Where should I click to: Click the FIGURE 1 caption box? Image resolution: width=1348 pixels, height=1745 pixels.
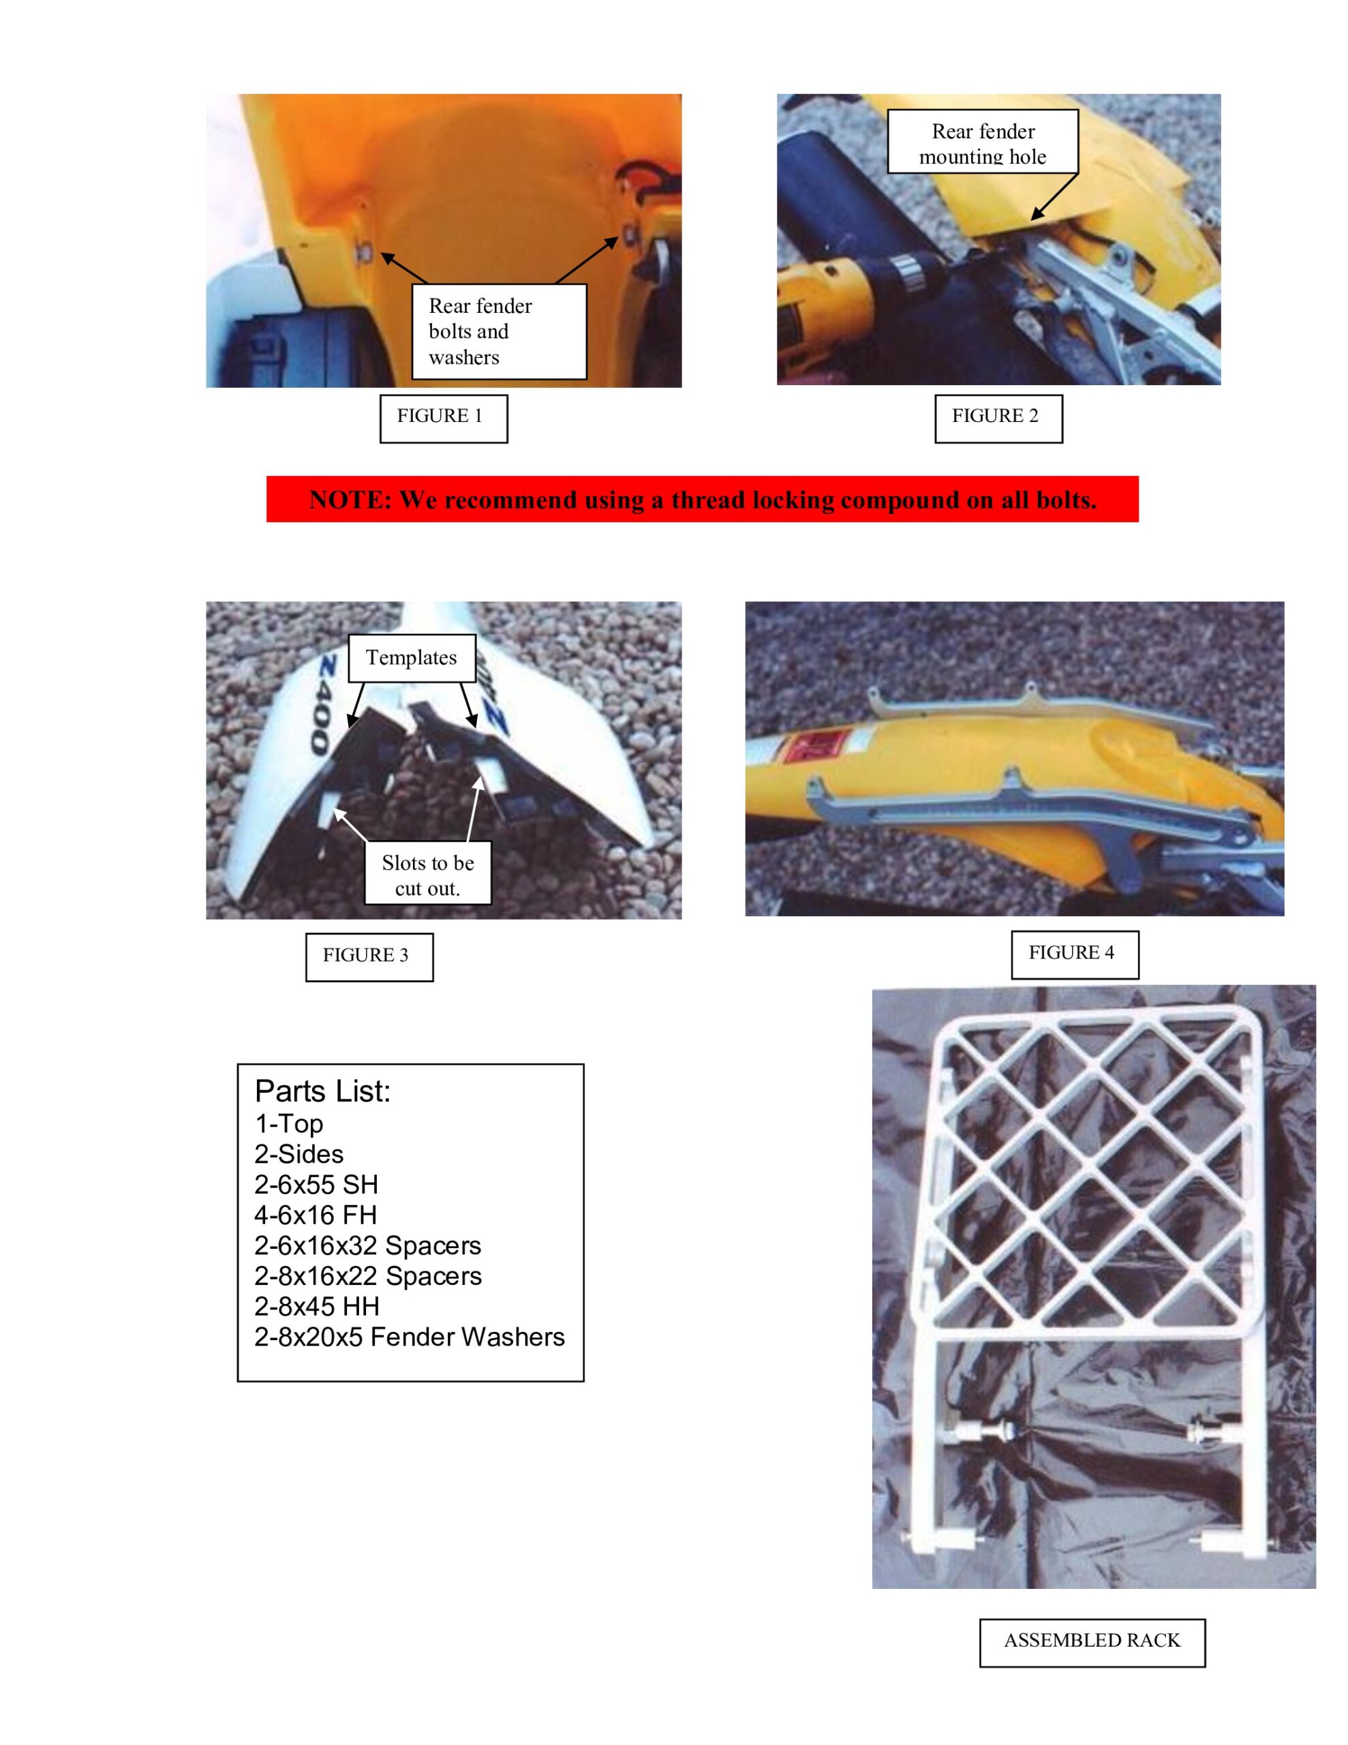pyautogui.click(x=443, y=418)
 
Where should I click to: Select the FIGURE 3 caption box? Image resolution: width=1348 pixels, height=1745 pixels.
pyautogui.click(x=369, y=956)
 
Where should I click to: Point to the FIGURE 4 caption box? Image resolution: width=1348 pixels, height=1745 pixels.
pyautogui.click(x=1074, y=954)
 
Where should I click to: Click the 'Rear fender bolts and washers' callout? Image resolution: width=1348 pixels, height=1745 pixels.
pyautogui.click(x=499, y=331)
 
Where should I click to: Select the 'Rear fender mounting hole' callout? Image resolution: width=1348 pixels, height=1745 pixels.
pyautogui.click(x=982, y=142)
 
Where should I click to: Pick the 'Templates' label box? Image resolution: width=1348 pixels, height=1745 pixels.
pyautogui.click(x=412, y=658)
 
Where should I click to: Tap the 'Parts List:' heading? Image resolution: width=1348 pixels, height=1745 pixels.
pyautogui.click(x=323, y=1091)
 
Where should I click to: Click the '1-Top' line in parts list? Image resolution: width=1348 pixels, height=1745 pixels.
pyautogui.click(x=288, y=1123)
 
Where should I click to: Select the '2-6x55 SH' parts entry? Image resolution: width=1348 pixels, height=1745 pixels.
pyautogui.click(x=316, y=1184)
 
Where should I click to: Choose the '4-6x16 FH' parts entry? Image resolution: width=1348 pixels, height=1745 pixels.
pyautogui.click(x=315, y=1215)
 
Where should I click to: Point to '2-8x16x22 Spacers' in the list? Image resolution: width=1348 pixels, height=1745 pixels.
pyautogui.click(x=367, y=1276)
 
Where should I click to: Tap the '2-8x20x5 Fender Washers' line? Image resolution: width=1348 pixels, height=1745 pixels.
pyautogui.click(x=409, y=1337)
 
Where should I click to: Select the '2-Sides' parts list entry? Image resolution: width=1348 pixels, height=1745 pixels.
pyautogui.click(x=299, y=1154)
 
